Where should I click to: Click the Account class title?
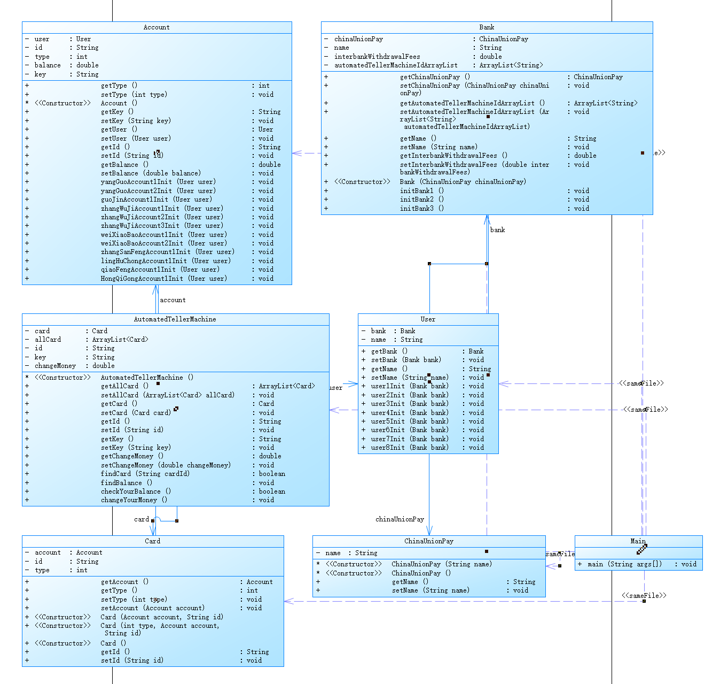(156, 27)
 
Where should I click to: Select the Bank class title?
(487, 27)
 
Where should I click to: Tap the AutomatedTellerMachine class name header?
(175, 319)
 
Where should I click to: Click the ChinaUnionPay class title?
(429, 541)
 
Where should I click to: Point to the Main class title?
(638, 541)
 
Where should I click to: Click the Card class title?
(153, 541)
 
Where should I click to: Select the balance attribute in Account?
(48, 65)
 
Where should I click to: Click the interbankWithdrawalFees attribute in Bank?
(377, 57)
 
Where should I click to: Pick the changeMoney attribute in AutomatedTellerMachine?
(55, 366)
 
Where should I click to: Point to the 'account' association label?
(173, 300)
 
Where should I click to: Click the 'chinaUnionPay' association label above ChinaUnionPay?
(400, 519)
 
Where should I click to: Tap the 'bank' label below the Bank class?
(497, 230)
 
